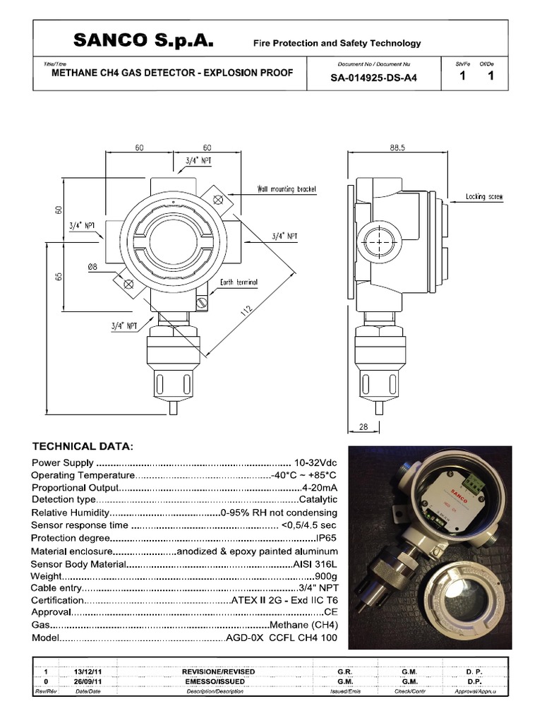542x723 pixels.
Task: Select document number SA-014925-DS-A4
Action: (x=373, y=78)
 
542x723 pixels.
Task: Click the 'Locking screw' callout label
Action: (x=485, y=197)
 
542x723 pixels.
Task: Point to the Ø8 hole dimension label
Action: (x=92, y=266)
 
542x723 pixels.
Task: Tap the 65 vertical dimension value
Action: (x=60, y=277)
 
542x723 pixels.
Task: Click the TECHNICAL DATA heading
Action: (x=83, y=446)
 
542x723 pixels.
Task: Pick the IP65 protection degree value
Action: (x=325, y=538)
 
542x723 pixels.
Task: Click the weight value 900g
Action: (x=326, y=576)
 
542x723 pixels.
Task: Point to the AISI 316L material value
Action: (x=315, y=563)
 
